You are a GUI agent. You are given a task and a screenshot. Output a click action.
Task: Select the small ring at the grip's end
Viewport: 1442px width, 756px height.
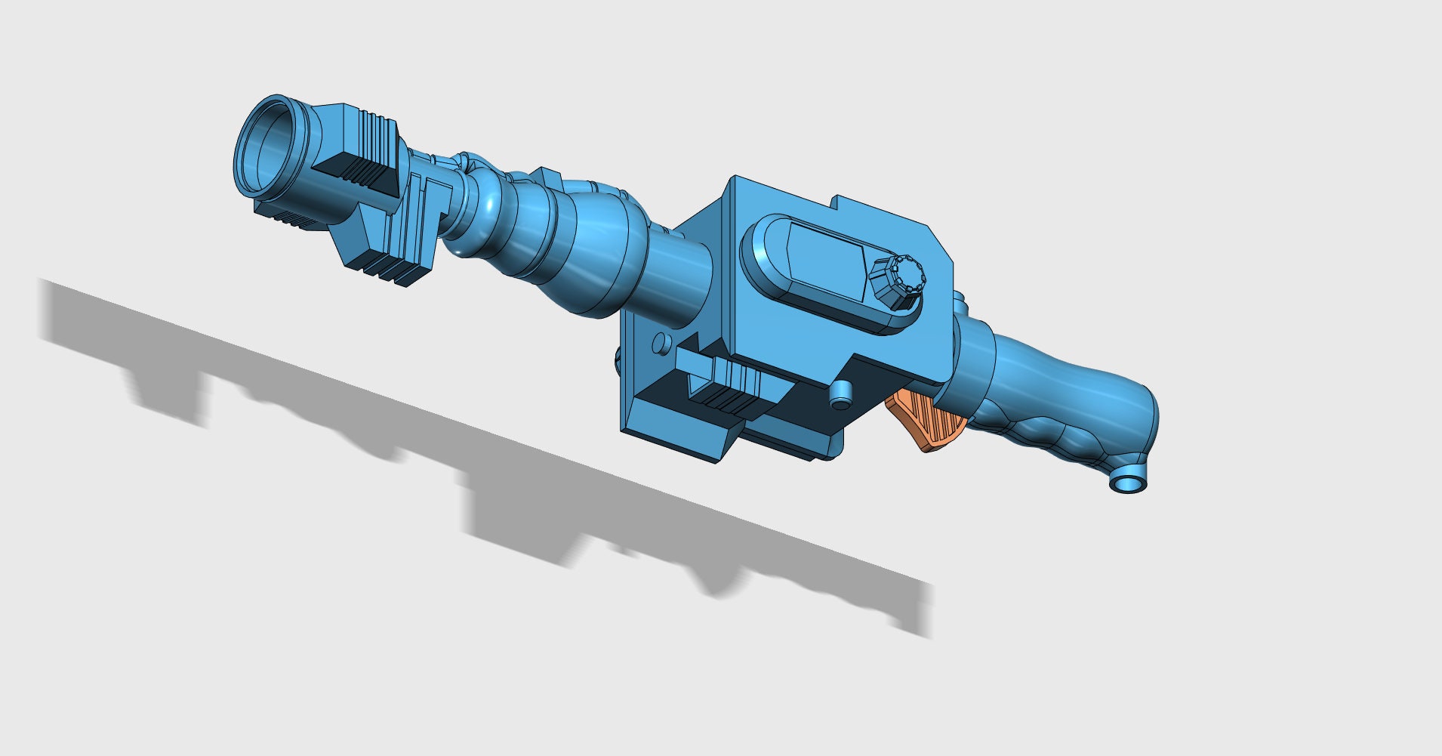(1128, 484)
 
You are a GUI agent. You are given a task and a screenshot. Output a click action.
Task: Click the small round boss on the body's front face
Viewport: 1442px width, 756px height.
(661, 344)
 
